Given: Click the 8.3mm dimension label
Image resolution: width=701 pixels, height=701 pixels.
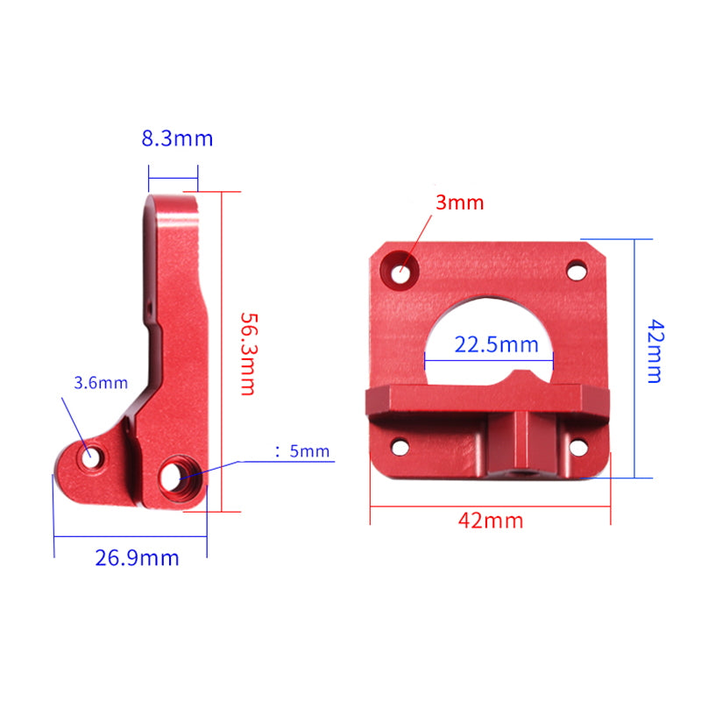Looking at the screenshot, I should point(176,138).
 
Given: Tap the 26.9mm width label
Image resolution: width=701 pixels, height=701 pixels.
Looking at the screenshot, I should point(137,558).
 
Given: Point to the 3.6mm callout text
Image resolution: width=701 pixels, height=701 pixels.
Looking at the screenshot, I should point(101,382).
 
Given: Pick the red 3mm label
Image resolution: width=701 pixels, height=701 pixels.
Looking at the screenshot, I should point(460,202).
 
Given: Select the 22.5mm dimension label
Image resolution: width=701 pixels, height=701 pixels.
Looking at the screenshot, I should point(496,344).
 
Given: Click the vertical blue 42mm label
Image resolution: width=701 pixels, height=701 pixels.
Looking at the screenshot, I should point(654,350).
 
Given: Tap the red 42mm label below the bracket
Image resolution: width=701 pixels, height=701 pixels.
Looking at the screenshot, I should point(491,520).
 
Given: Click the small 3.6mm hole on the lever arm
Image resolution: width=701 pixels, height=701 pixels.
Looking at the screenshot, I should point(90,456).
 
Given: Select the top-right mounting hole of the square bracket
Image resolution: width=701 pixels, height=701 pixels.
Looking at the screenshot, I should point(577,269).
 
